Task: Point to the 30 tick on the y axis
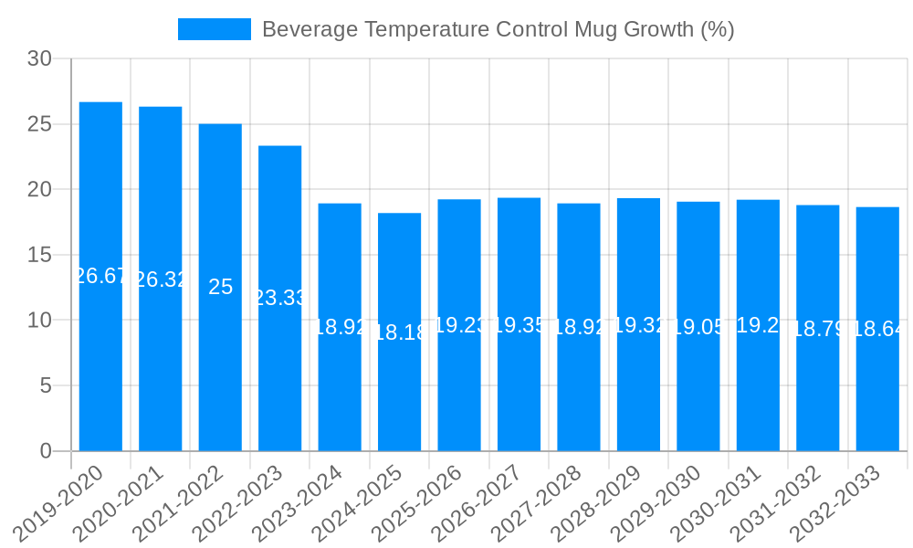(x=40, y=59)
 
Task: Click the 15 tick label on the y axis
(x=40, y=255)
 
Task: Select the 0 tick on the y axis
(x=46, y=451)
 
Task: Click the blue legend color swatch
(x=214, y=29)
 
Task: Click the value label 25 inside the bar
(x=220, y=287)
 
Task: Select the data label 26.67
(x=100, y=276)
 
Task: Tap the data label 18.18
(x=399, y=332)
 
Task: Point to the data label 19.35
(x=519, y=325)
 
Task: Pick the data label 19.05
(x=698, y=327)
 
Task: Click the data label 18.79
(x=818, y=329)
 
